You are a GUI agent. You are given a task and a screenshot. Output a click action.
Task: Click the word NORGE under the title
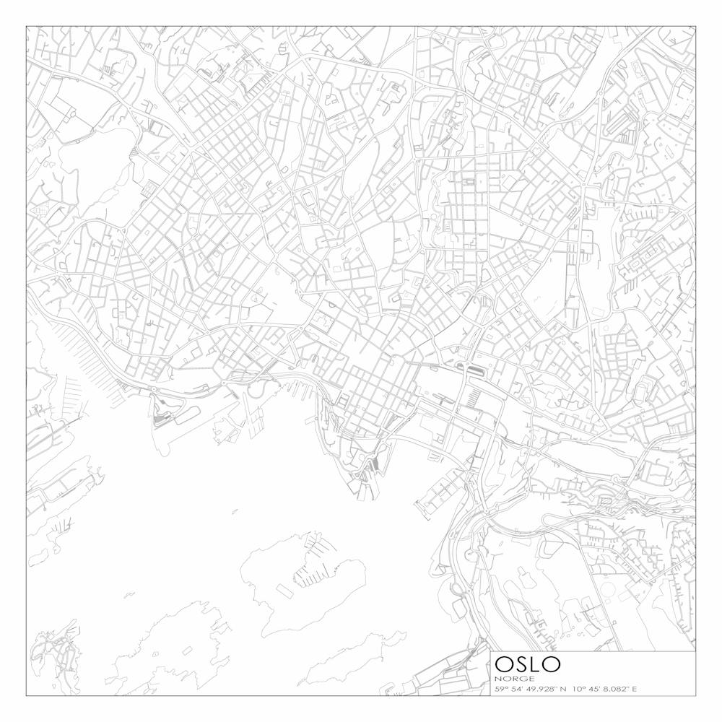click(x=514, y=679)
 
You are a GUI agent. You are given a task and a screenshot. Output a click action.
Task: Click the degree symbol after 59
click(x=505, y=687)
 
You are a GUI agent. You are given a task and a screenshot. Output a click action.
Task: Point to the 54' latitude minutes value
click(x=513, y=689)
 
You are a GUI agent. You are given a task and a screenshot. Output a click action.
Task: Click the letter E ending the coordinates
click(x=635, y=689)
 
